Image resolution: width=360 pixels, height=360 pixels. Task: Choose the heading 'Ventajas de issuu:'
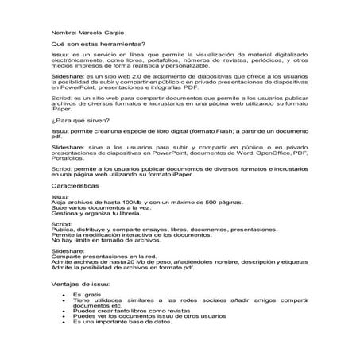[81, 282]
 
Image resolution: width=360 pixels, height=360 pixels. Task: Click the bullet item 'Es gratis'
[86, 293]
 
